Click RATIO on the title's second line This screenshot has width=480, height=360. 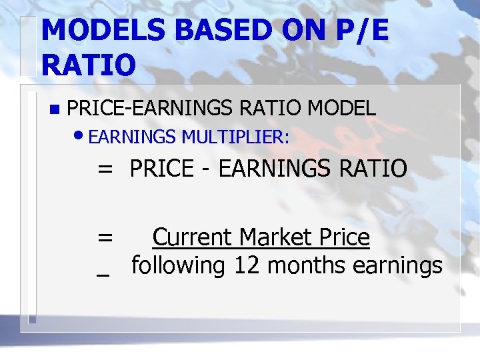point(88,65)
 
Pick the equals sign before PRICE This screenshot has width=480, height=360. point(105,169)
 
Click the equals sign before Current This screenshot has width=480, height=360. point(105,237)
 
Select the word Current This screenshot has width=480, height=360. point(192,237)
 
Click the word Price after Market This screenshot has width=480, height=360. point(345,237)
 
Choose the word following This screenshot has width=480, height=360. point(179,266)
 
